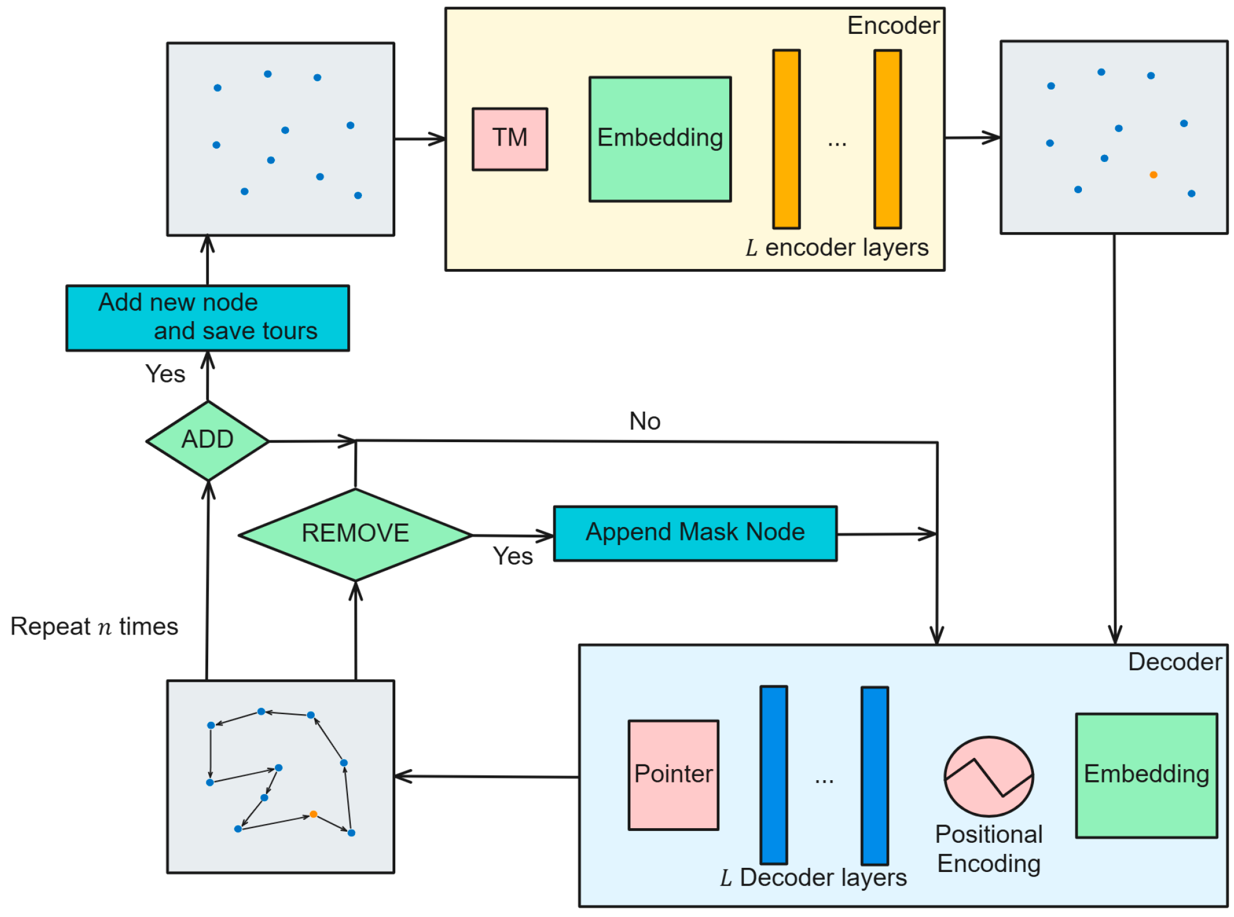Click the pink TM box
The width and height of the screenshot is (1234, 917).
(510, 139)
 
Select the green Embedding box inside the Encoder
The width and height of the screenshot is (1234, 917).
(660, 139)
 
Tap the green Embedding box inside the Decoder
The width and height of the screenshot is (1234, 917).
(1147, 775)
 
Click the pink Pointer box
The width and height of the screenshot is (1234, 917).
(674, 775)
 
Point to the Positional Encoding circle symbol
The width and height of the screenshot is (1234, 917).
(989, 777)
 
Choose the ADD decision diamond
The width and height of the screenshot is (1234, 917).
(208, 441)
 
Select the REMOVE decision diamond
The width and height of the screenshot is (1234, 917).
(356, 535)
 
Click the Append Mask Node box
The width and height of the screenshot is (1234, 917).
(695, 533)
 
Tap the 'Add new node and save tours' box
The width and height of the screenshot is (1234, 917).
(208, 318)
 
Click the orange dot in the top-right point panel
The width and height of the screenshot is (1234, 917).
(1153, 175)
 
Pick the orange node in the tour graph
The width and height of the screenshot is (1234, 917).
(313, 814)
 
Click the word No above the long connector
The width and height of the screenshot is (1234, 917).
(645, 421)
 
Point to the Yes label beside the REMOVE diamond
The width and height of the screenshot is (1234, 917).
(513, 556)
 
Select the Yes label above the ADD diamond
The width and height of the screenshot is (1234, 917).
(166, 374)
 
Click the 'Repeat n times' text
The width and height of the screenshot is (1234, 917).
(94, 626)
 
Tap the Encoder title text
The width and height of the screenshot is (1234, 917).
(894, 26)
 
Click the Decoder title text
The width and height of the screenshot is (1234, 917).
(1175, 662)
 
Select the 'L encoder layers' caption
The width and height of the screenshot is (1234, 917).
(837, 248)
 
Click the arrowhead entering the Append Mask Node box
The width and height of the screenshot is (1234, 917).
(546, 536)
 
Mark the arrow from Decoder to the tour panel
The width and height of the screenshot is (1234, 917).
(487, 777)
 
